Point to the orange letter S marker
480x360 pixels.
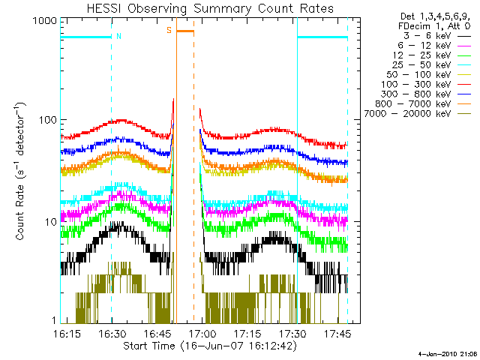(169, 30)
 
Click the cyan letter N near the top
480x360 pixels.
(118, 35)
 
